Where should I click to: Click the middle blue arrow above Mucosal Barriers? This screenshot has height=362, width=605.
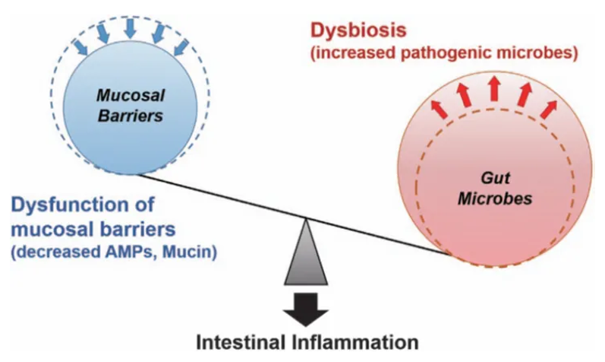click(131, 27)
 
